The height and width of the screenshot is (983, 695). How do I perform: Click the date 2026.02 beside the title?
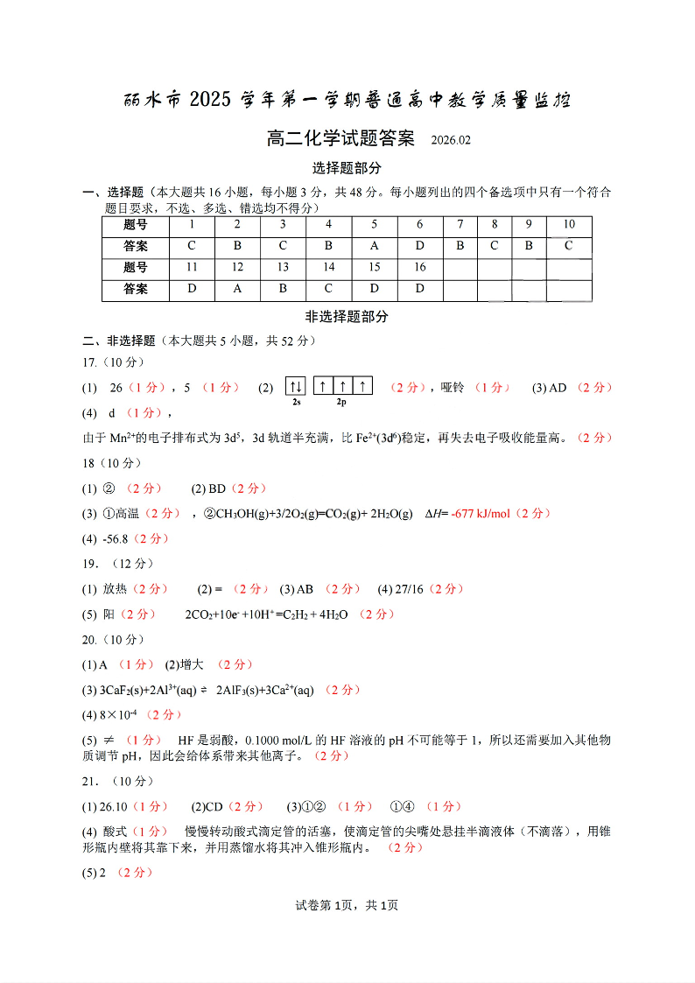pos(451,141)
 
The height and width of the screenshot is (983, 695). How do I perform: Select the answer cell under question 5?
pos(374,246)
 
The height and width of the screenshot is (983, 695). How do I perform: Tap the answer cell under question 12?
pos(237,289)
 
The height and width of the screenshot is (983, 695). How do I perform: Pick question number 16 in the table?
pos(420,267)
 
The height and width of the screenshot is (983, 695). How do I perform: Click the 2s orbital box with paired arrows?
pos(296,386)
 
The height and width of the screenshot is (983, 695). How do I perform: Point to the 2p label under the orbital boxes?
pos(342,403)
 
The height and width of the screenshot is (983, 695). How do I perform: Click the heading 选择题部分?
pos(347,168)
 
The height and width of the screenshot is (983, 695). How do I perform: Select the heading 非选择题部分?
pos(347,317)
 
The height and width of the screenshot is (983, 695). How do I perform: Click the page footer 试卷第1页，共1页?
pos(347,905)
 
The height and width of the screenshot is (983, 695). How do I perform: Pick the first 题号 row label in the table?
pos(137,225)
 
